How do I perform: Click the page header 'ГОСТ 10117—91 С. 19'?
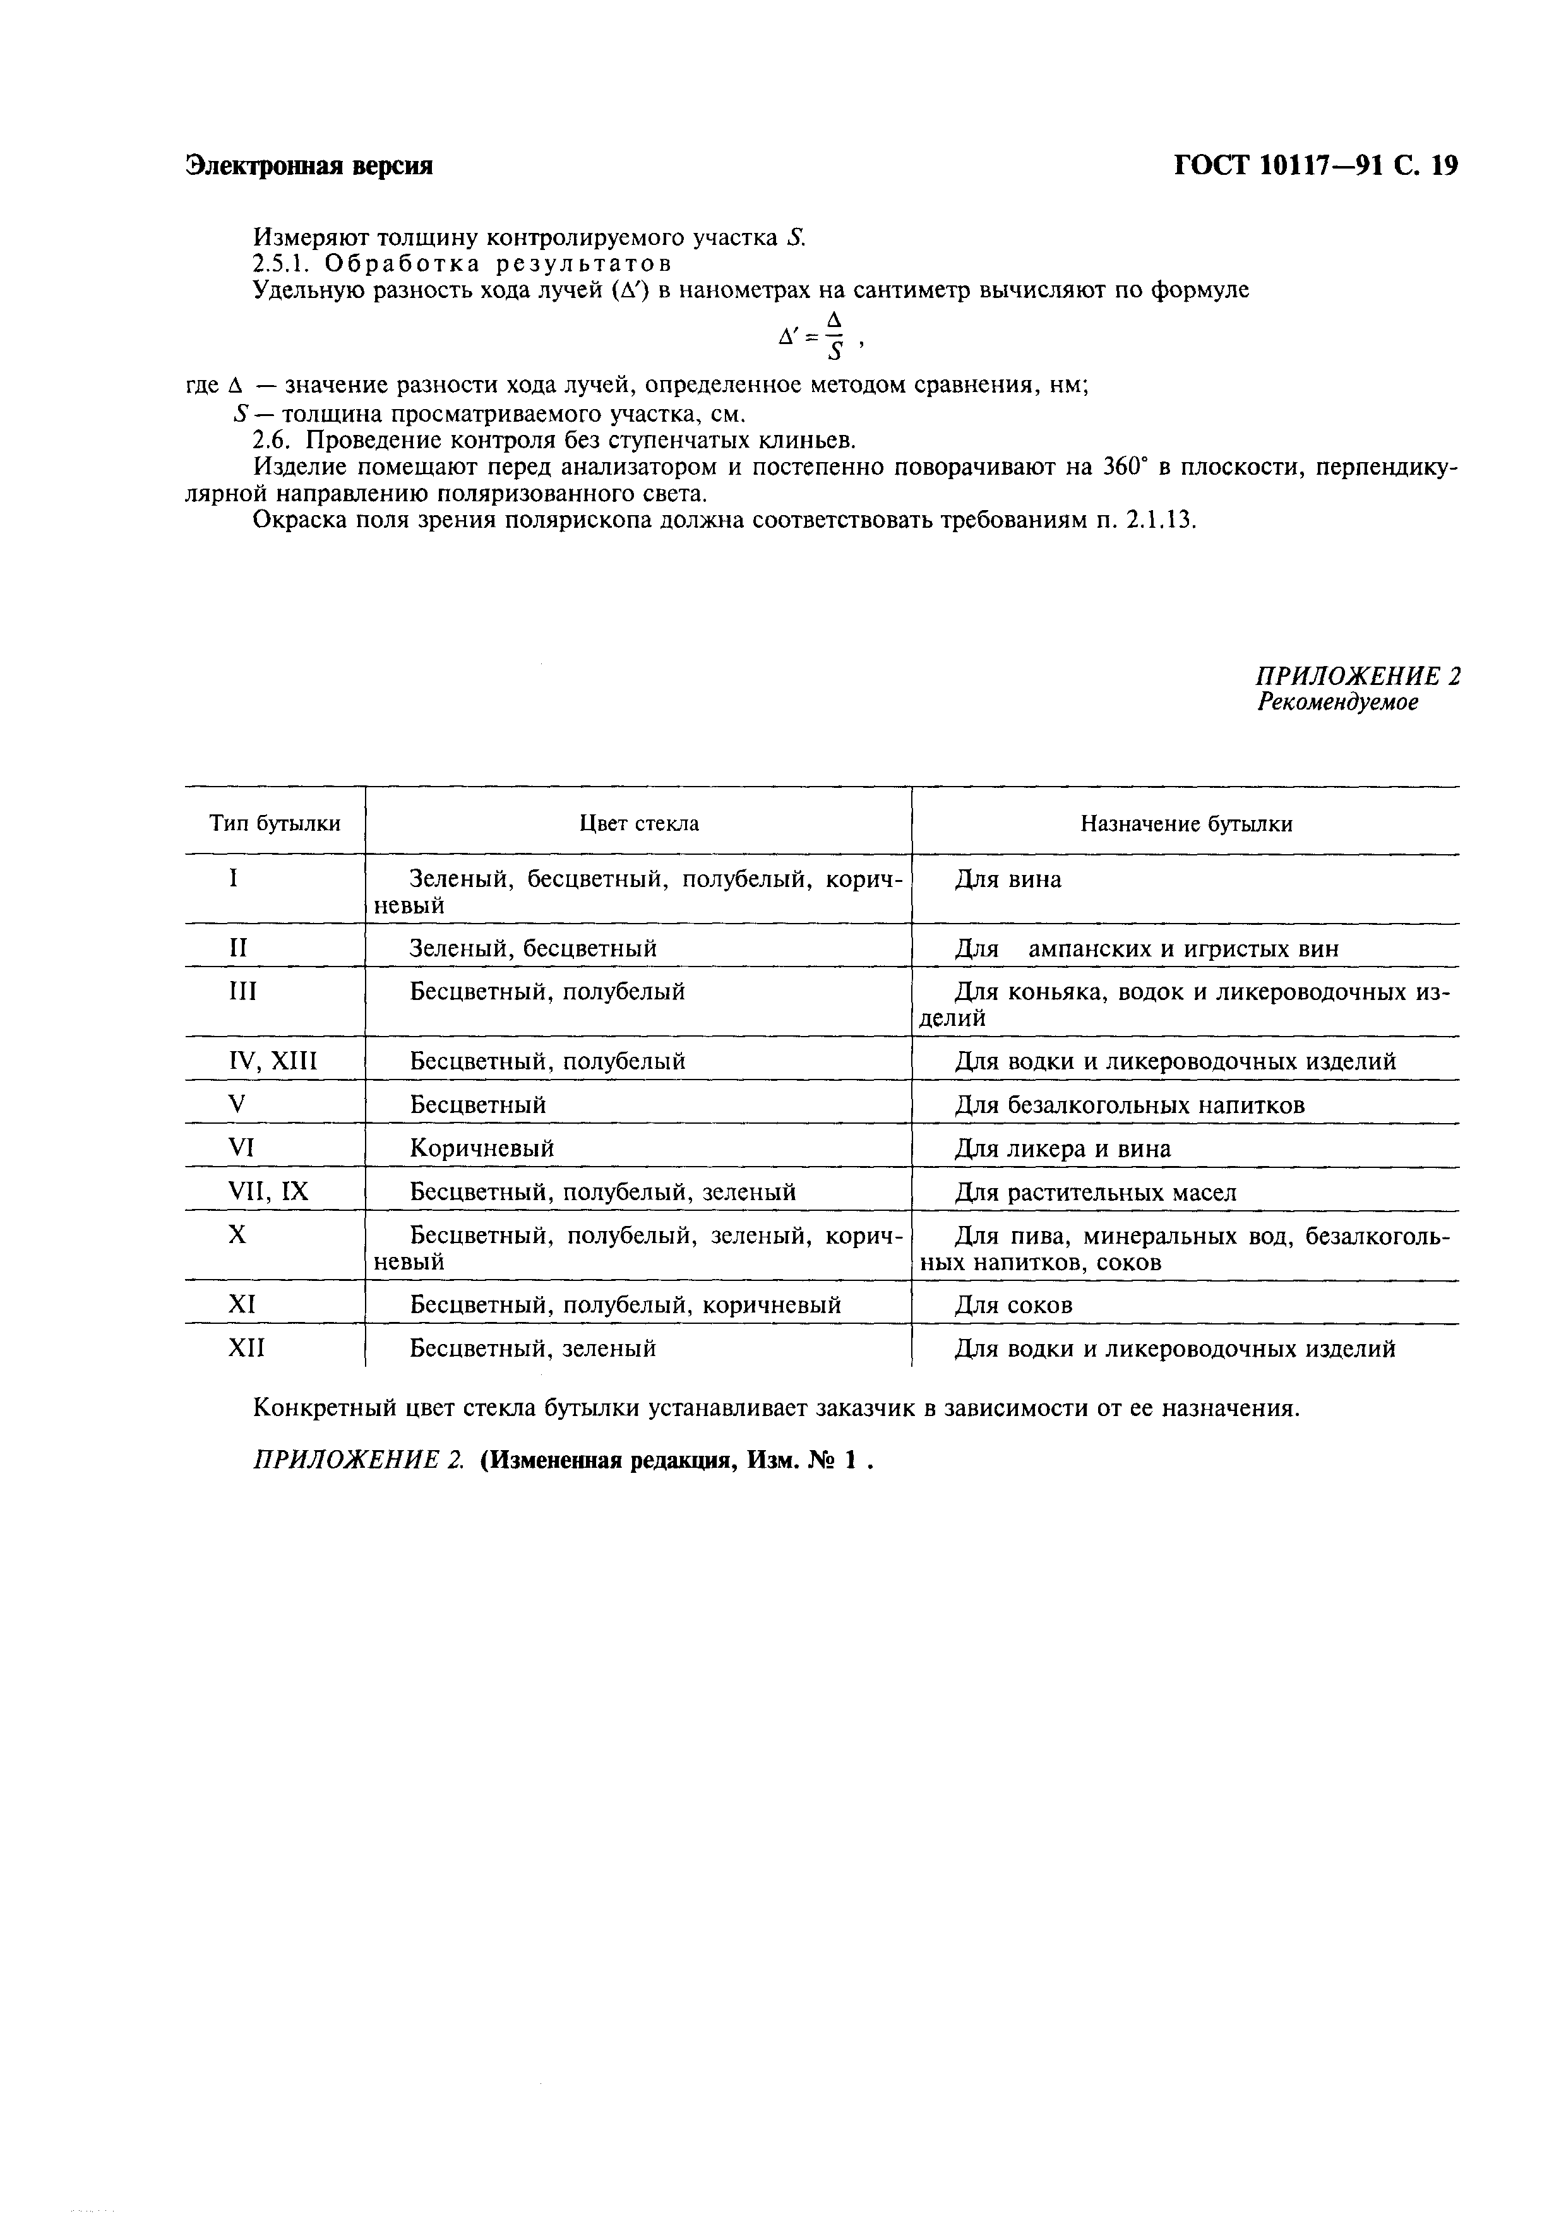point(1315,166)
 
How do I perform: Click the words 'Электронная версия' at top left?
point(309,166)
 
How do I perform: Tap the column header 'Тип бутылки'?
point(275,823)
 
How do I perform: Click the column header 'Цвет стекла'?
point(638,823)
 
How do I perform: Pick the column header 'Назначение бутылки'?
point(1186,823)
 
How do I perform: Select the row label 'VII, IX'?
point(268,1192)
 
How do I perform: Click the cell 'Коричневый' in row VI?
point(482,1148)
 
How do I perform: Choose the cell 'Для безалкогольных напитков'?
point(1129,1105)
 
